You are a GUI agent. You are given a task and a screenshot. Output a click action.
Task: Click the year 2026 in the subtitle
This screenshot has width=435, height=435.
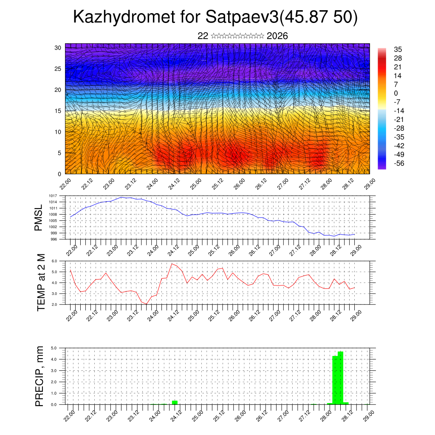(x=277, y=36)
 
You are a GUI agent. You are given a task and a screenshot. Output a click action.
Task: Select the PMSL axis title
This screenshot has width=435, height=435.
(x=39, y=217)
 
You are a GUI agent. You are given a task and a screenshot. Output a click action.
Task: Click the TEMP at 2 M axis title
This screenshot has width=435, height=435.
(x=41, y=282)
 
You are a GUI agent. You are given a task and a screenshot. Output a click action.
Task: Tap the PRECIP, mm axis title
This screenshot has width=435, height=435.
(x=40, y=376)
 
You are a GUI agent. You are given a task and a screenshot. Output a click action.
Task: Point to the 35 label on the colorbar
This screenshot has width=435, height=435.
(x=398, y=50)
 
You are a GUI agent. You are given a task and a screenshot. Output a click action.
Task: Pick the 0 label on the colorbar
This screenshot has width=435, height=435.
(x=396, y=93)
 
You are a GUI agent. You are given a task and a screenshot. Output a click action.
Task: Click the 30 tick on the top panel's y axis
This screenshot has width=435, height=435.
(x=58, y=48)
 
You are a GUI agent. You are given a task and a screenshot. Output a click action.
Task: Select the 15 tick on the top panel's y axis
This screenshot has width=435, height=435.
(x=58, y=111)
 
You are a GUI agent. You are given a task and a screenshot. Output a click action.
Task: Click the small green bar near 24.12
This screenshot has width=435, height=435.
(x=175, y=402)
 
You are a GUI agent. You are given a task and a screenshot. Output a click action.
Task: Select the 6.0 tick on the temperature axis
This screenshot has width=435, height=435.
(x=54, y=261)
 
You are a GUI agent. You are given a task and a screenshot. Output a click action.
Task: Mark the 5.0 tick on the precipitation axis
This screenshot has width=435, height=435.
(x=54, y=348)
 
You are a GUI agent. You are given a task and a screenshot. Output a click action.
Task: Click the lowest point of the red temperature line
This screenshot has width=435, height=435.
(x=146, y=304)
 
